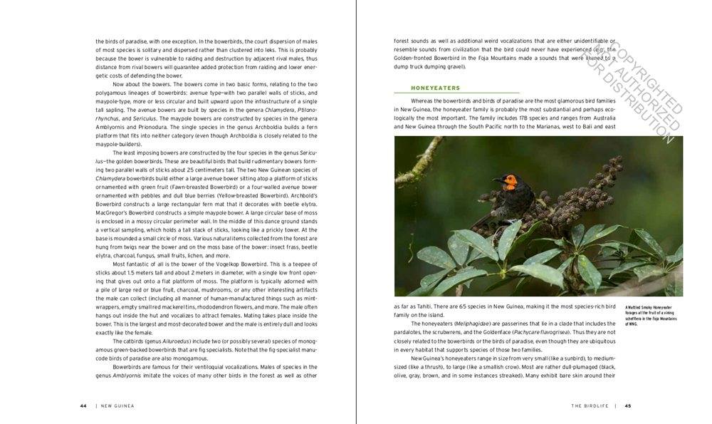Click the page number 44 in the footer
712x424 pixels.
(83, 405)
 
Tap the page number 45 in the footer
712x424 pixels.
(628, 405)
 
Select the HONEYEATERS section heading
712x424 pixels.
(436, 88)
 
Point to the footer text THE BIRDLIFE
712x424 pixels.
(590, 405)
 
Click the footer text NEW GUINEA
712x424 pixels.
(117, 405)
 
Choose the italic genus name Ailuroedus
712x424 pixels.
(178, 341)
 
